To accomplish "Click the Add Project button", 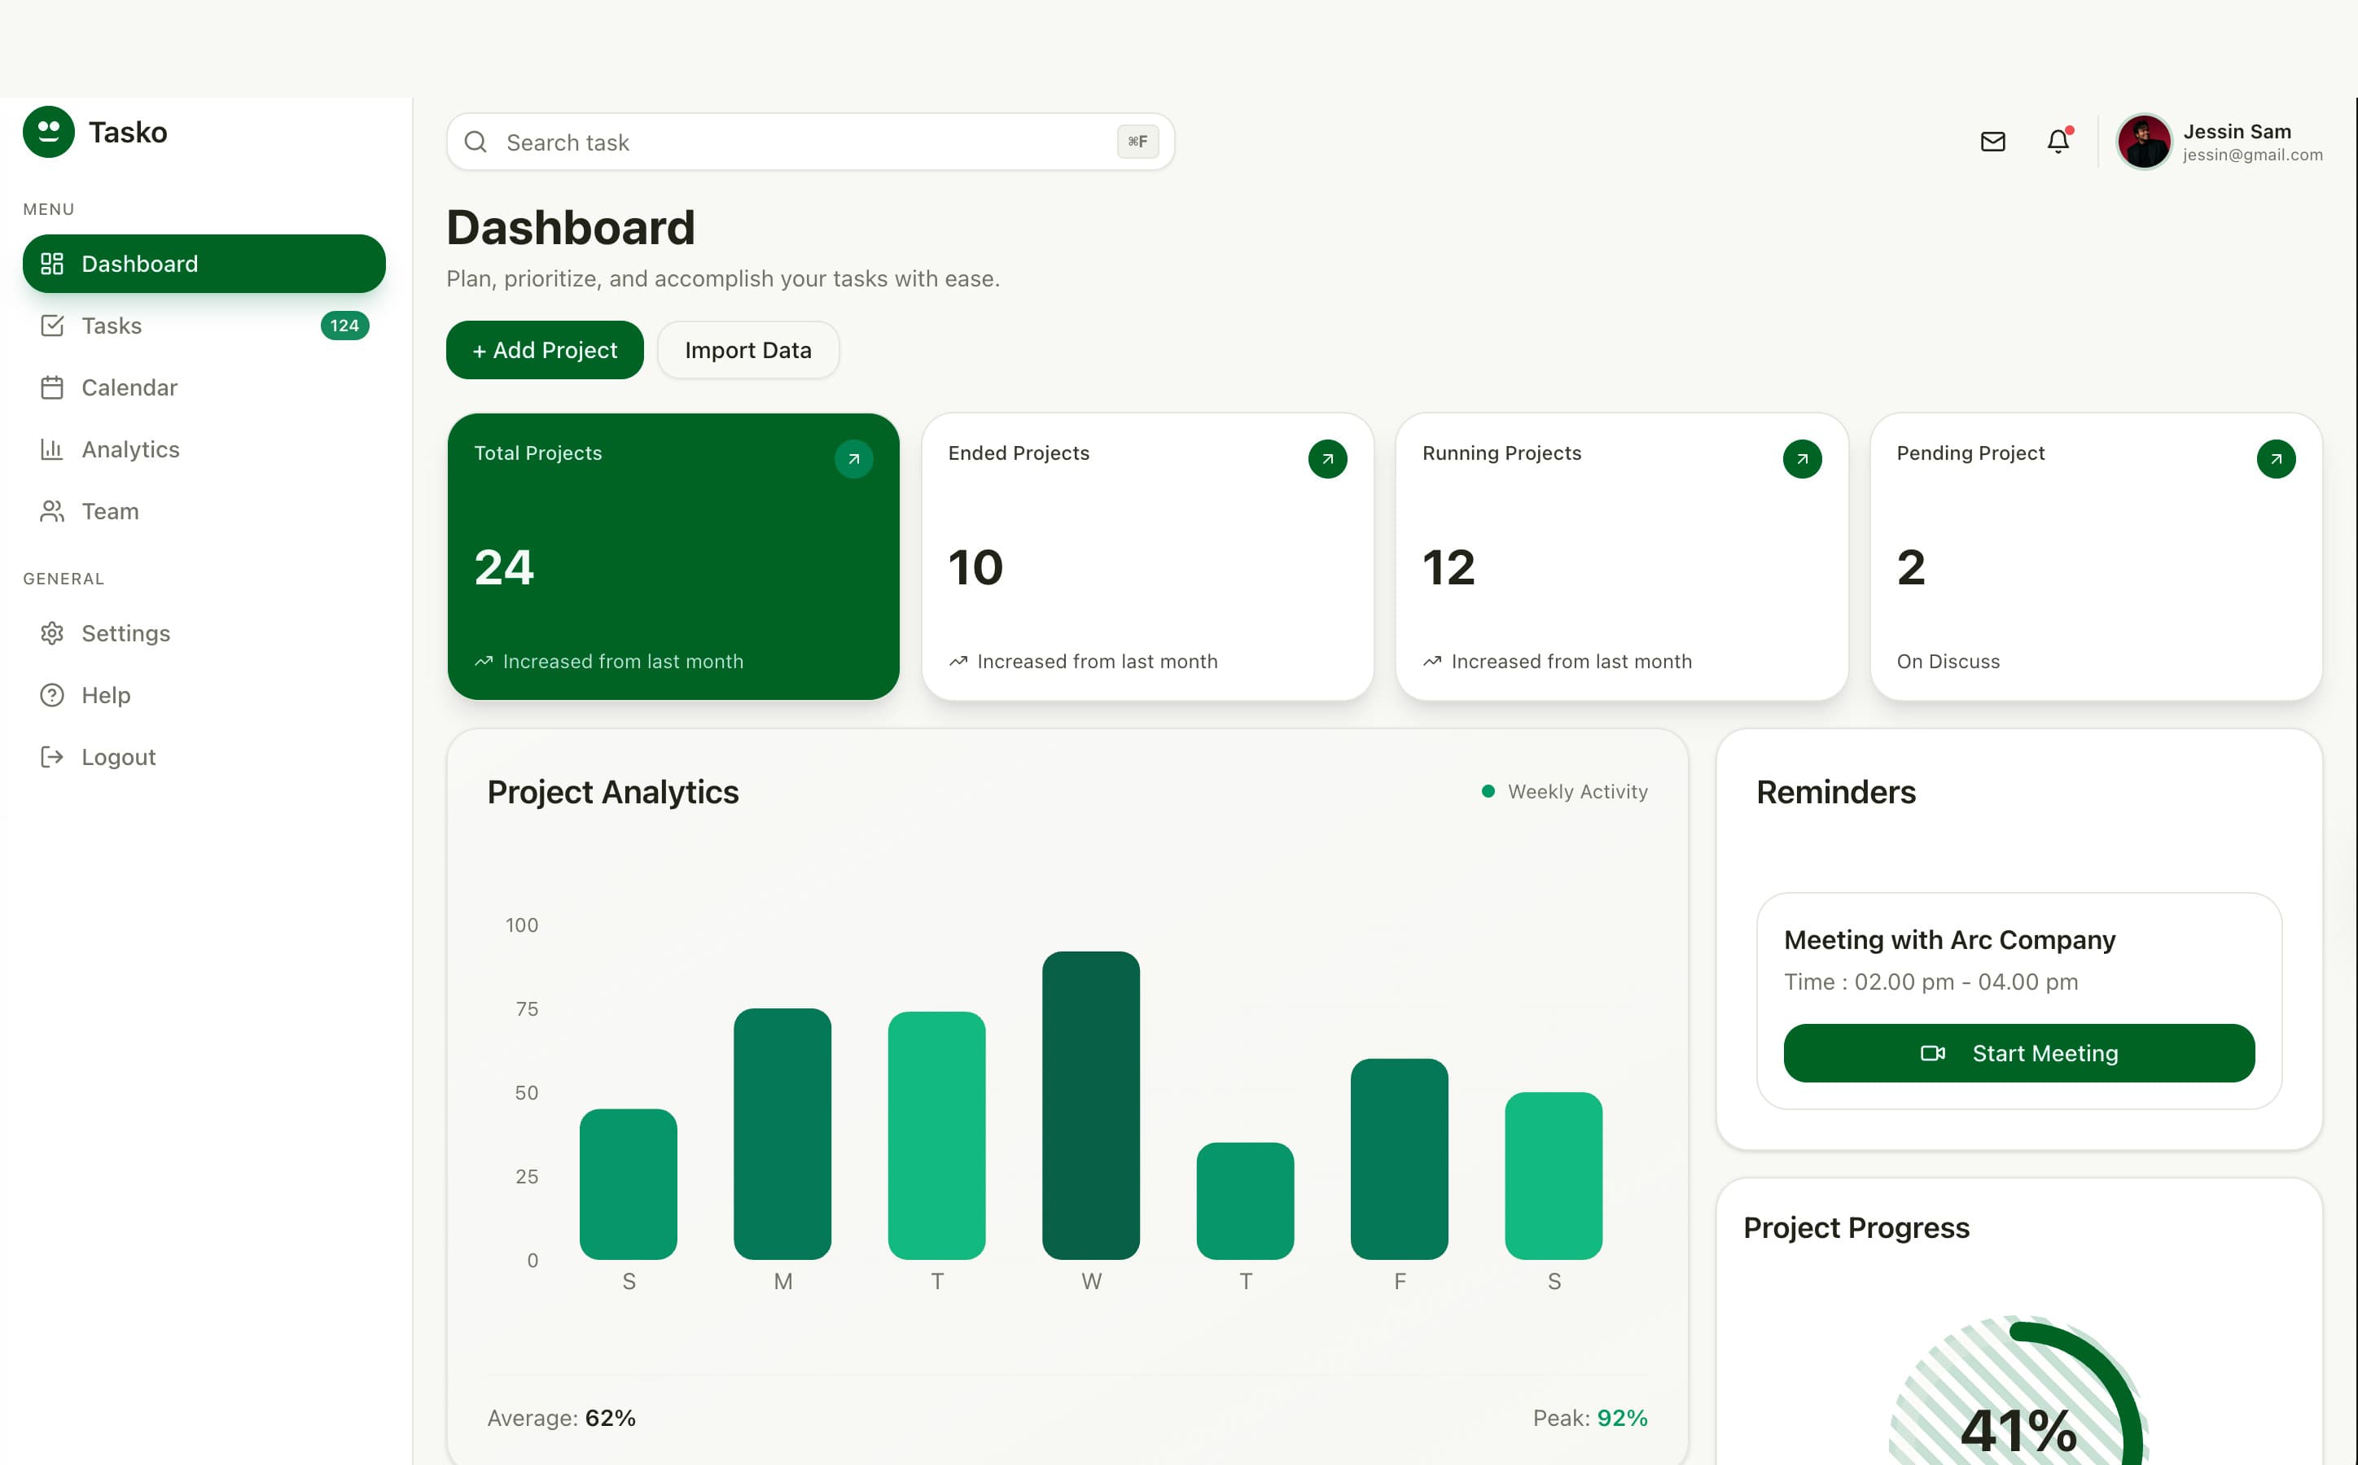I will (x=544, y=350).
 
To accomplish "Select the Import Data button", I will (x=747, y=350).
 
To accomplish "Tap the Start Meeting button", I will (x=2018, y=1053).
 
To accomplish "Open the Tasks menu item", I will (x=112, y=326).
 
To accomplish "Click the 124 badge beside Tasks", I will (x=344, y=326).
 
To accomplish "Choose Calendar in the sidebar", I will (x=129, y=387).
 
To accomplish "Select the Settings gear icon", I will (x=52, y=634).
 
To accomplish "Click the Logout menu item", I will (x=117, y=757).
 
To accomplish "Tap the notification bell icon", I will (x=2058, y=142).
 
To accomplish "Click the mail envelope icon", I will (x=1992, y=142).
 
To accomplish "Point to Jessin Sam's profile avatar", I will (x=2143, y=142).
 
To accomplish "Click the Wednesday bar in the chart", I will (x=1090, y=1104).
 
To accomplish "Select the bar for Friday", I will (x=1399, y=1159).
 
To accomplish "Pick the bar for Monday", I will (x=782, y=1134).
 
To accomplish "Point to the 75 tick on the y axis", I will (x=526, y=1008).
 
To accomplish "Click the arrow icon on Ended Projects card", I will (x=1327, y=459).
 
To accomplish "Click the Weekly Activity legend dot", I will (x=1488, y=792).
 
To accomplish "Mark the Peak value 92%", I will (x=1621, y=1418).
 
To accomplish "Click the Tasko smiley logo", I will (x=49, y=132).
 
